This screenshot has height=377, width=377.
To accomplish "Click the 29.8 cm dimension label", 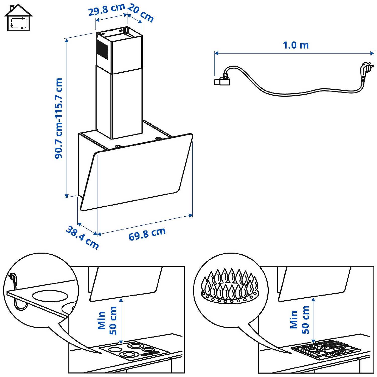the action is click(x=107, y=9).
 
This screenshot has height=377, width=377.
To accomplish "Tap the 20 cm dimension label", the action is click(x=140, y=13).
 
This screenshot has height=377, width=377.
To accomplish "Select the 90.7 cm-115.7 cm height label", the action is click(x=58, y=118).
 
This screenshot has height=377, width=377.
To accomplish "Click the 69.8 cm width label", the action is click(x=147, y=234).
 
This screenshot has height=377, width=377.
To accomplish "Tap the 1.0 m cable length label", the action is click(x=296, y=45).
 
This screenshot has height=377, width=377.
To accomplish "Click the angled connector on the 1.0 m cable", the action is click(x=222, y=79).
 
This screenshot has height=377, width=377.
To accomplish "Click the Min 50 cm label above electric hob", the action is click(x=107, y=320).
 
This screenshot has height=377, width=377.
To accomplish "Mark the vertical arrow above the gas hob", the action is click(x=313, y=320).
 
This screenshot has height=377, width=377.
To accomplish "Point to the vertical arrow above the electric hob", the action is click(x=121, y=321).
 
